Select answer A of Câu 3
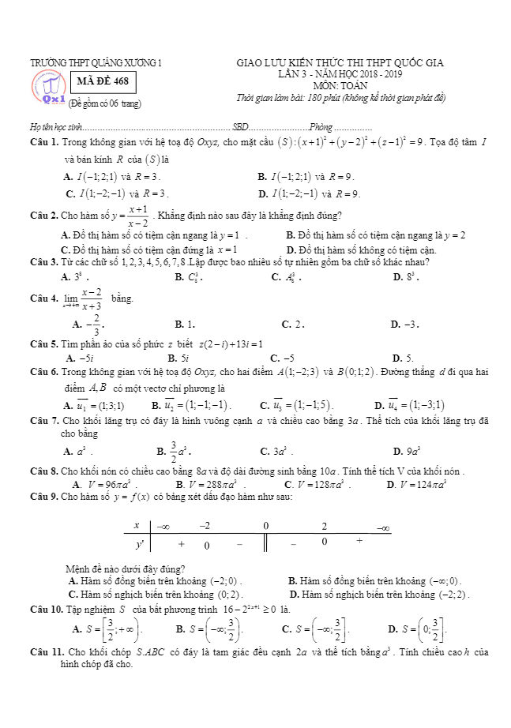75,277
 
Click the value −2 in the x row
205,526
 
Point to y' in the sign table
140,544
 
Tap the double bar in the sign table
265,545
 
